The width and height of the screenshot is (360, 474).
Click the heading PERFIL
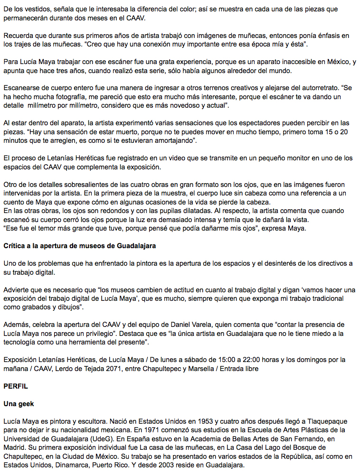[16, 386]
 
